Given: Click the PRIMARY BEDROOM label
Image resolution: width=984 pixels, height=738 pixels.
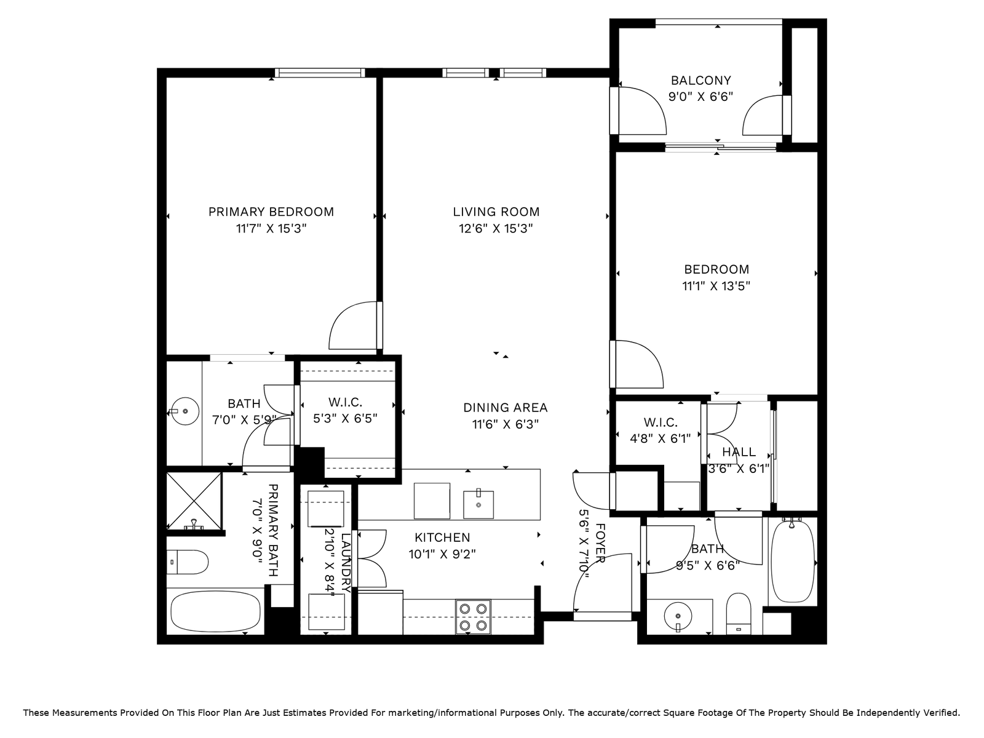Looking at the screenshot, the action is pos(271,212).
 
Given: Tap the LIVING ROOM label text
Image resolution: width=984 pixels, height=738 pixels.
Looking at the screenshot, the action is pos(496,212).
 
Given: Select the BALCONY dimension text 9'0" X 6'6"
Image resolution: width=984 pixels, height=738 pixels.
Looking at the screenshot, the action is pos(700,97).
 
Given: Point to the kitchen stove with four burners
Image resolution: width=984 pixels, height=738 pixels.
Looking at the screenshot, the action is pos(473,617).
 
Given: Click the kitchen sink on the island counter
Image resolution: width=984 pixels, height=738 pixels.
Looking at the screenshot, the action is pos(478,504).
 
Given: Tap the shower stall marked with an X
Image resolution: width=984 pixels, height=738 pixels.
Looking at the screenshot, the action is pos(194,501).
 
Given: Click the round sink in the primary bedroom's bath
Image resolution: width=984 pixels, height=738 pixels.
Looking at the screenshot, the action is pos(185,411).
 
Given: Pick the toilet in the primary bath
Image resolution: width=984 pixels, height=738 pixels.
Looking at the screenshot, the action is pos(188,562).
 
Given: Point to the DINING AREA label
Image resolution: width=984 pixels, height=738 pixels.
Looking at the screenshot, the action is pos(506,408).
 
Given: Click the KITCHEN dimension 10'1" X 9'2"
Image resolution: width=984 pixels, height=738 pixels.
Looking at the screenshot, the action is pos(442,555).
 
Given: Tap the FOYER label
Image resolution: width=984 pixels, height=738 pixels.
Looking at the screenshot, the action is pos(600,543).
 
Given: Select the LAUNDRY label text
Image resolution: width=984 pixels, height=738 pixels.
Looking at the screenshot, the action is pos(346,563).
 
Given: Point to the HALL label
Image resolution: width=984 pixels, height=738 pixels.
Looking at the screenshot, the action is pos(739,451).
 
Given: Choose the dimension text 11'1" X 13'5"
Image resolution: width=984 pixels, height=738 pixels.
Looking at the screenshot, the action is pos(716,286).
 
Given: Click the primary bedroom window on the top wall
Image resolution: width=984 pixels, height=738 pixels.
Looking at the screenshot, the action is pos(320,73).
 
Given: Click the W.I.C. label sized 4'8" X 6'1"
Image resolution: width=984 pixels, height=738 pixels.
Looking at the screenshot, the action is pos(661,423).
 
